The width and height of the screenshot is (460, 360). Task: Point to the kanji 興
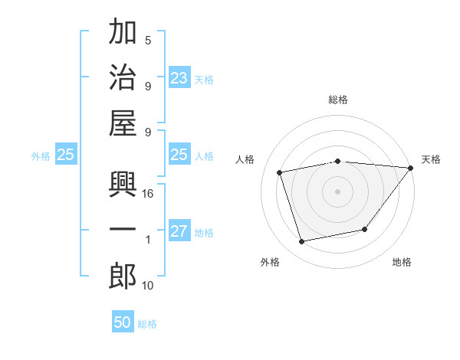(x=123, y=186)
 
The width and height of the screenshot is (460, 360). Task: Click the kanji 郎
(x=123, y=276)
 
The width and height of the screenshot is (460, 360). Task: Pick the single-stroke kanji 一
(x=123, y=231)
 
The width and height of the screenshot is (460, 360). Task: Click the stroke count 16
(x=148, y=195)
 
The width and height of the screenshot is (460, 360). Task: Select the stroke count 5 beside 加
(x=148, y=41)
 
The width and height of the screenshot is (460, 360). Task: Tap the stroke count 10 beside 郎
(x=148, y=286)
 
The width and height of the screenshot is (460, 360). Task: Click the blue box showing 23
(x=179, y=77)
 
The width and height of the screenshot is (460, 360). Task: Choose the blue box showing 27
(x=179, y=231)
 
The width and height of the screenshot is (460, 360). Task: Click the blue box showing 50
(x=123, y=322)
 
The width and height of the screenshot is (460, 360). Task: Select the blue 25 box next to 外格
(x=66, y=155)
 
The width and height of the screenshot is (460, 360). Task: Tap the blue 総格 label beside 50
(x=147, y=324)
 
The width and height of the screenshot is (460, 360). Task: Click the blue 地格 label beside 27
(x=205, y=233)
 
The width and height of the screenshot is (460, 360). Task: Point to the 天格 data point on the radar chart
(x=411, y=168)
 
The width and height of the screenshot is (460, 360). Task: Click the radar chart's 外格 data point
(x=302, y=242)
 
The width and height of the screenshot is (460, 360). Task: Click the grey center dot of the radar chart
(x=338, y=191)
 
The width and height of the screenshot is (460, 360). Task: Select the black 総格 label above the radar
(x=338, y=100)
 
